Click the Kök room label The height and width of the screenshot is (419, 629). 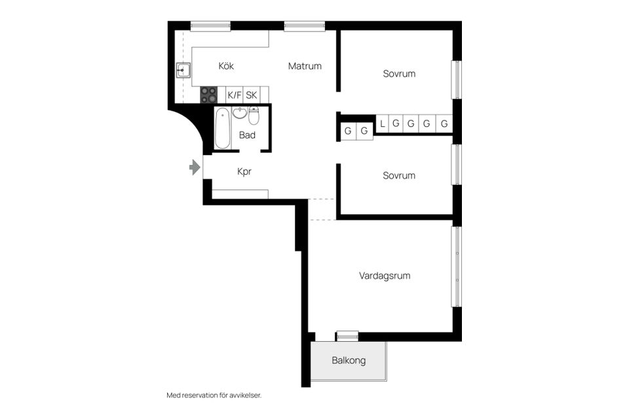(226, 66)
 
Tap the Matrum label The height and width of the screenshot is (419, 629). (305, 66)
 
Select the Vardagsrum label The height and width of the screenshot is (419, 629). (385, 276)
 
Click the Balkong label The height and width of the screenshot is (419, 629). (349, 361)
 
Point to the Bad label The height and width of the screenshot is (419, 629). (247, 136)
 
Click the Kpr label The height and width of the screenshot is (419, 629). (244, 172)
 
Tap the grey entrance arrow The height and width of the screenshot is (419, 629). (194, 168)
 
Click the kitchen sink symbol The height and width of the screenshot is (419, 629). (183, 70)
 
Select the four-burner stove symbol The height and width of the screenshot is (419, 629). (208, 95)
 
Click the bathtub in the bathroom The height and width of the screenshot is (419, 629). (222, 128)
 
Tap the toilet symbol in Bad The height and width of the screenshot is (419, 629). (254, 115)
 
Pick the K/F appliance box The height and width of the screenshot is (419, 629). (235, 95)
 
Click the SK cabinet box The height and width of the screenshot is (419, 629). (252, 95)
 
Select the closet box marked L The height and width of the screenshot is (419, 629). (382, 123)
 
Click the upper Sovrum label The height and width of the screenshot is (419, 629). (399, 74)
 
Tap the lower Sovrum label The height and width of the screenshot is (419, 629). (399, 175)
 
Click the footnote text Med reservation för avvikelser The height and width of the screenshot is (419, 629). (218, 395)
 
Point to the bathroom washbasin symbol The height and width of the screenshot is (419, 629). (240, 113)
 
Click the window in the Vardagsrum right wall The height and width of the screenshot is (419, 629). (455, 266)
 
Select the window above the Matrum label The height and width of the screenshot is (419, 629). (305, 26)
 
